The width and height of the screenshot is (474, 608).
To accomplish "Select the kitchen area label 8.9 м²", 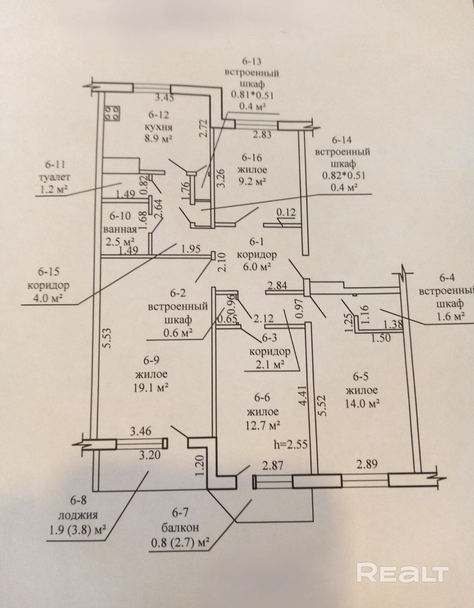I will [160, 139].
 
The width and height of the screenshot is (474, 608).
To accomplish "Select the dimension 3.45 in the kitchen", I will [164, 97].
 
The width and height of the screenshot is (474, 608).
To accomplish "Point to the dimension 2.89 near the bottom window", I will [368, 465].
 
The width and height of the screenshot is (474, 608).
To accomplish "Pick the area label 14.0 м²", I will [363, 403].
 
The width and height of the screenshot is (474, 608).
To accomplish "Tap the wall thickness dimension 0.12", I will [286, 213].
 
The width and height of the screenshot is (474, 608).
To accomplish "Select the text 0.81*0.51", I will [252, 95].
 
